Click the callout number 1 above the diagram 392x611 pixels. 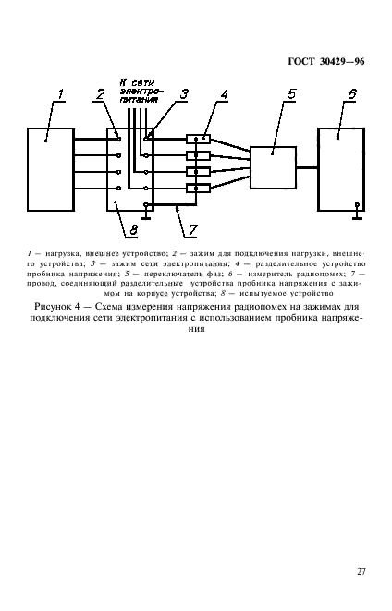(61, 92)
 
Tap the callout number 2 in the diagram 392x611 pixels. (100, 93)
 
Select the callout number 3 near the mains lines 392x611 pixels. (184, 93)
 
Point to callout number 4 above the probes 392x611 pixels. (224, 93)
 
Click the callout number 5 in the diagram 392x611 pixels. (292, 93)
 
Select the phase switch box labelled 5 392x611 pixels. (273, 166)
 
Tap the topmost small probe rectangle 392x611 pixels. (197, 140)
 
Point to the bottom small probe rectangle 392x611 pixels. (197, 189)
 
